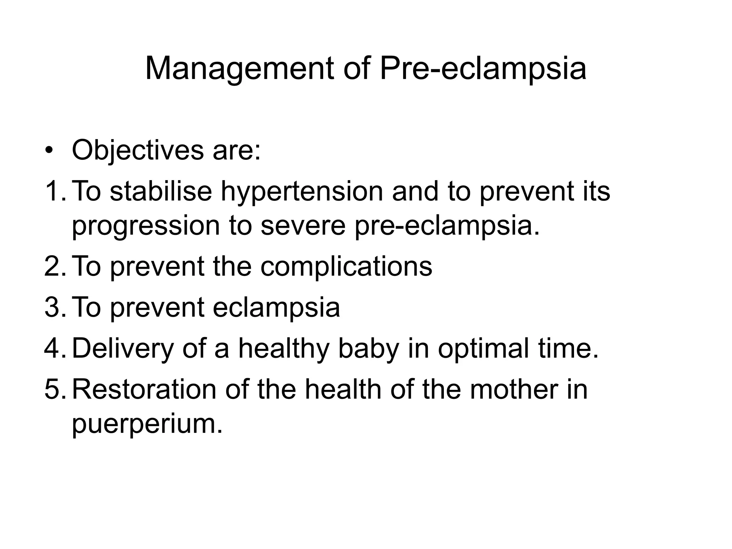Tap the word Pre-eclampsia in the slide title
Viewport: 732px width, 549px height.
click(483, 69)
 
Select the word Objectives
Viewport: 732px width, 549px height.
click(138, 151)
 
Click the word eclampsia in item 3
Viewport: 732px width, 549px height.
click(276, 308)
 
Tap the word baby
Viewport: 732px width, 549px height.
click(368, 349)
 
